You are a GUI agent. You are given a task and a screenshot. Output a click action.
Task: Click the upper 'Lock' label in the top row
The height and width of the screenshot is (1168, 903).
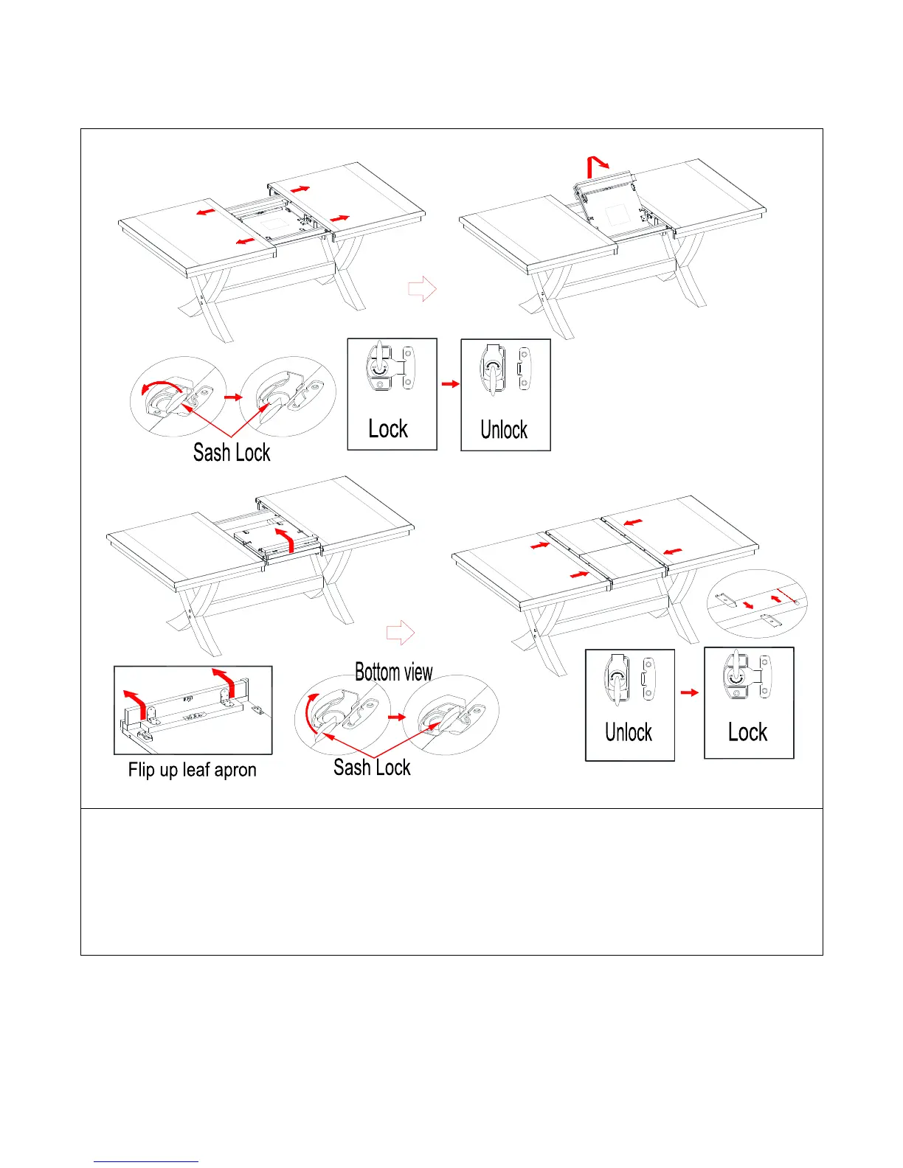coord(388,429)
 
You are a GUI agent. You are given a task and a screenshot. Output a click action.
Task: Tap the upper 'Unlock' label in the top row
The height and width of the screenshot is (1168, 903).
coord(504,430)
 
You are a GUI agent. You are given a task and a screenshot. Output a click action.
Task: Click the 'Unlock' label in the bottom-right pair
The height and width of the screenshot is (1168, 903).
coord(629,732)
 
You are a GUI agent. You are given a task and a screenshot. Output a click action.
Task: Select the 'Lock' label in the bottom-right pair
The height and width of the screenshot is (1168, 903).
coord(747,732)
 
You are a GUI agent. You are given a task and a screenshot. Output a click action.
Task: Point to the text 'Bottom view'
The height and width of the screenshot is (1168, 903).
coord(393,672)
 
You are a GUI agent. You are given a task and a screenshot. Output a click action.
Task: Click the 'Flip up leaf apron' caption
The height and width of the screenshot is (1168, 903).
coord(192,770)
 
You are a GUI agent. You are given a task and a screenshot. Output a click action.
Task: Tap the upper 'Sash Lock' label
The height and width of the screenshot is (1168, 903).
coord(232,452)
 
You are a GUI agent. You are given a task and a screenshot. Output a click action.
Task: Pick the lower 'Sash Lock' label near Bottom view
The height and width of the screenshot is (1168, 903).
coord(372,767)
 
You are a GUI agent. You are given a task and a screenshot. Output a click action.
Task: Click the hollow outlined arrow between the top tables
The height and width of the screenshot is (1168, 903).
coord(422,289)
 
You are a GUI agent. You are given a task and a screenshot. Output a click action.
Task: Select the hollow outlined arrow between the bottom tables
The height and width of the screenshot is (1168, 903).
coord(401,632)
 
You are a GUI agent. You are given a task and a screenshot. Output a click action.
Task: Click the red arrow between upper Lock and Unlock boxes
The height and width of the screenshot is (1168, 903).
coord(450,383)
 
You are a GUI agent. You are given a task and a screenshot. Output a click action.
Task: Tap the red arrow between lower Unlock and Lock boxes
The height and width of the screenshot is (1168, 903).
coord(689,692)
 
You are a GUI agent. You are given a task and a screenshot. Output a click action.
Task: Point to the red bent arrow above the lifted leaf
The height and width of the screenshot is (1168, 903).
coord(596,167)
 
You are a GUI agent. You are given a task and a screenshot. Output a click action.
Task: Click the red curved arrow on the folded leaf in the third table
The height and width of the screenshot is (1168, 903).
coord(285,538)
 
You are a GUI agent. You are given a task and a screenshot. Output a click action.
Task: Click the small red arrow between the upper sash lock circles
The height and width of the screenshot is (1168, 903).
coord(233,397)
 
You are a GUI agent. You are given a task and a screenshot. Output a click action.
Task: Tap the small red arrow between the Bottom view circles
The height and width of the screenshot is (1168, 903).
coord(397,717)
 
